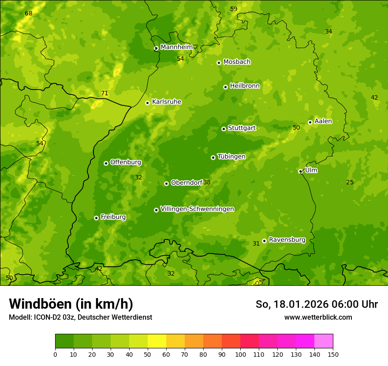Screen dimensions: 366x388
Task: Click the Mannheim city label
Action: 176,47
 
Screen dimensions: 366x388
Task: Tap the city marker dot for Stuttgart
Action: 224,129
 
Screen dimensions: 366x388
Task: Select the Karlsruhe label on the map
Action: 166,102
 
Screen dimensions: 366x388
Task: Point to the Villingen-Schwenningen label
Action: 197,209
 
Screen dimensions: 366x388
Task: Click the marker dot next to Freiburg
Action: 96,218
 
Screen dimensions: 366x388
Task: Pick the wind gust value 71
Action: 104,93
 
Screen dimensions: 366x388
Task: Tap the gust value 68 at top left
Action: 29,14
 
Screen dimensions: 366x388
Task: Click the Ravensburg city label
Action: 287,240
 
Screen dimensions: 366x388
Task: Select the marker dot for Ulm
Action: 300,171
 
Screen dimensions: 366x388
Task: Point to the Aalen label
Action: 323,121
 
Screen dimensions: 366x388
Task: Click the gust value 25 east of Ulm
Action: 350,183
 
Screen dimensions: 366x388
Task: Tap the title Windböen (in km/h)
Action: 71,304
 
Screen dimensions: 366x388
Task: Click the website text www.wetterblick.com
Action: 318,317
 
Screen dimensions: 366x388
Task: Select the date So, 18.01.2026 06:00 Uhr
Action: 317,304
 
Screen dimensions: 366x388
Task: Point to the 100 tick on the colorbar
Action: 240,354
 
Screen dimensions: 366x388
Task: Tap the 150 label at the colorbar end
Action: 333,354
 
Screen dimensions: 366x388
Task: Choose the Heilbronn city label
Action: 245,86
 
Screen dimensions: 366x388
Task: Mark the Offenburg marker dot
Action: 106,163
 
